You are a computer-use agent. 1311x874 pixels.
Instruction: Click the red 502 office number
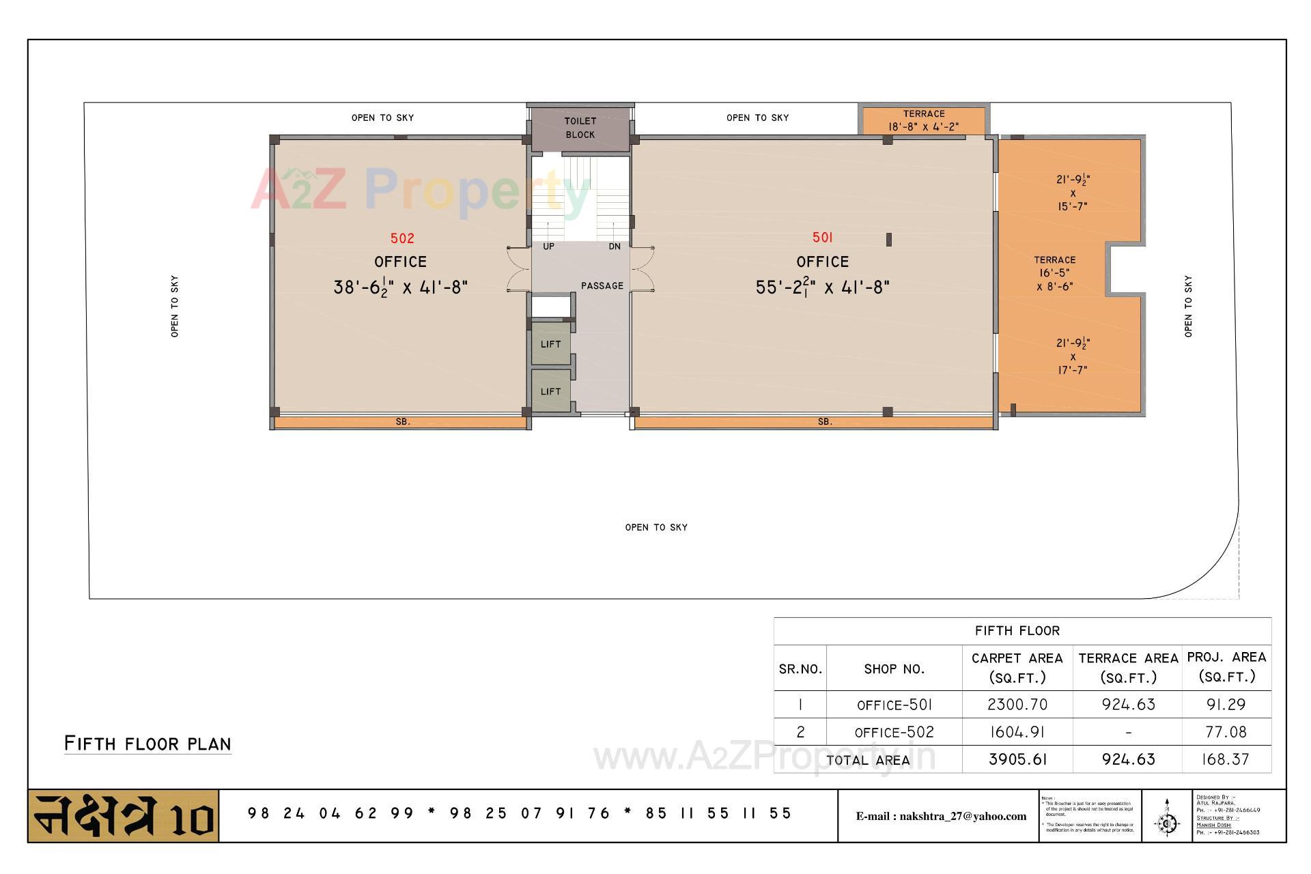(x=402, y=238)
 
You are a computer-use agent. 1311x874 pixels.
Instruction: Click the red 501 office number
(x=822, y=238)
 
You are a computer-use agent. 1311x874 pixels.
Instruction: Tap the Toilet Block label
(x=580, y=128)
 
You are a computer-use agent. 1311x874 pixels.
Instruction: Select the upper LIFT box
(x=550, y=344)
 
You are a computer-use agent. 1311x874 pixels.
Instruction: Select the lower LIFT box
(x=550, y=391)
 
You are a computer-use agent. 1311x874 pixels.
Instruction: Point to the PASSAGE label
(x=602, y=286)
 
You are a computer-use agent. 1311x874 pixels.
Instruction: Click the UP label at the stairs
(x=548, y=246)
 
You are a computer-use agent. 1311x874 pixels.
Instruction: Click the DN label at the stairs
(x=615, y=246)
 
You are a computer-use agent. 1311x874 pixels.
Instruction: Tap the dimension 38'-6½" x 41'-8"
(x=400, y=287)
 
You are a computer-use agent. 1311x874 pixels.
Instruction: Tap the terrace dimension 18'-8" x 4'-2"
(x=923, y=127)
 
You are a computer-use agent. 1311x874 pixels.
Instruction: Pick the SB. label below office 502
(x=403, y=422)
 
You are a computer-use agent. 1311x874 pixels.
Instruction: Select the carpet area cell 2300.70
(x=1017, y=705)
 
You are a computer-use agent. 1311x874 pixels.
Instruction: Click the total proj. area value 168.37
(x=1226, y=759)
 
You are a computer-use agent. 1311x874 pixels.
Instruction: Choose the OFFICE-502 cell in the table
(x=894, y=733)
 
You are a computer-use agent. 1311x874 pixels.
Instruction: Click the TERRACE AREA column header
(x=1128, y=667)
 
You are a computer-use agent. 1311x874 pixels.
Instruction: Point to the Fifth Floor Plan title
(x=147, y=744)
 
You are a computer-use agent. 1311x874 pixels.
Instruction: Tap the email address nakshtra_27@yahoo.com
(x=941, y=816)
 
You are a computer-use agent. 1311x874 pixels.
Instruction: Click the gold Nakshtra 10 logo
(x=124, y=816)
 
